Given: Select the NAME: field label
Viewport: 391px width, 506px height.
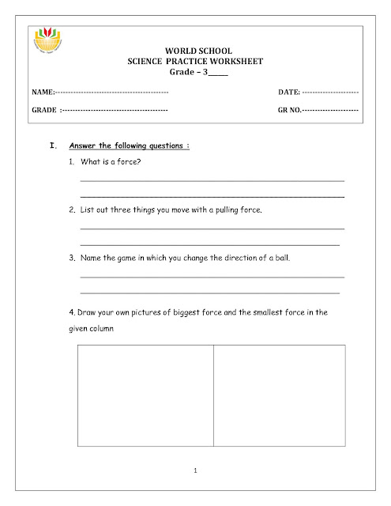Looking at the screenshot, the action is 43,94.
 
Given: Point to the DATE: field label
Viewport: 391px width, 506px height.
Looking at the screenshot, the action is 289,94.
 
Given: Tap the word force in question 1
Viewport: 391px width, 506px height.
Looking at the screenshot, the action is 130,163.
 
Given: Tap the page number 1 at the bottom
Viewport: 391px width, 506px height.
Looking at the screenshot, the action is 196,472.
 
